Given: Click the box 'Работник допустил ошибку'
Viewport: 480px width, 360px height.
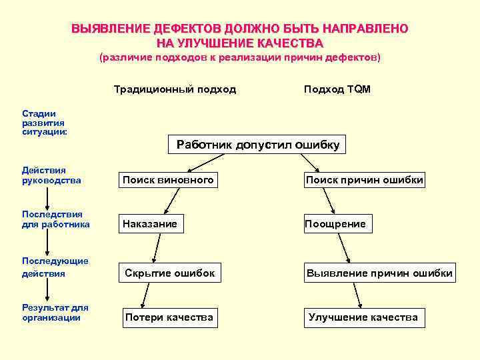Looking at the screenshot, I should pyautogui.click(x=258, y=145).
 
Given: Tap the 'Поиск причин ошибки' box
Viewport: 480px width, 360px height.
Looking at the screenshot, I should pyautogui.click(x=364, y=180).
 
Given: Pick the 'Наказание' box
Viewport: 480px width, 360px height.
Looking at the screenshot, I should pyautogui.click(x=150, y=224).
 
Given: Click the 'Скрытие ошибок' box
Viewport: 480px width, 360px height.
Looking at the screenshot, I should pyautogui.click(x=170, y=273).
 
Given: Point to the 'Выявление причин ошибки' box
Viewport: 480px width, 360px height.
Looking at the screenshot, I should pyautogui.click(x=379, y=273).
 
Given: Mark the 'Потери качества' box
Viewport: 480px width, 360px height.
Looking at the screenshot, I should pyautogui.click(x=169, y=317).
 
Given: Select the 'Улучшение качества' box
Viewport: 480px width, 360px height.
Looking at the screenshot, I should pyautogui.click(x=363, y=317).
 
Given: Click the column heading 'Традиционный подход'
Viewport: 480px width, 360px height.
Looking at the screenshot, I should pyautogui.click(x=175, y=89).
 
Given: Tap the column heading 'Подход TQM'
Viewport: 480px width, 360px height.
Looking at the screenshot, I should pyautogui.click(x=337, y=89).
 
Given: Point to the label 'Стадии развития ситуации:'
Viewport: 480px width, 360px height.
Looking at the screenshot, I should pyautogui.click(x=44, y=123).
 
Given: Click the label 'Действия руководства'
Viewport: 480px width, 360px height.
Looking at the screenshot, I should pyautogui.click(x=51, y=175).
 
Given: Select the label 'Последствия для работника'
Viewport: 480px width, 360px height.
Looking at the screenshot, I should pyautogui.click(x=56, y=219).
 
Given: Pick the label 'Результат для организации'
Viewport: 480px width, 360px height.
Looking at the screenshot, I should pyautogui.click(x=55, y=313).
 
